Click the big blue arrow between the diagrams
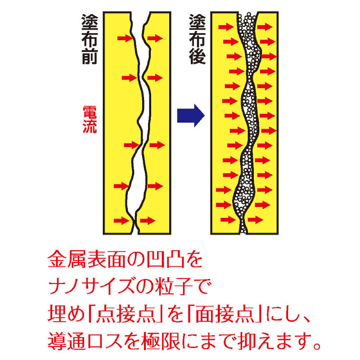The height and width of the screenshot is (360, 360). pos(190,115)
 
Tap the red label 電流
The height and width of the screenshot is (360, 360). pos(90,119)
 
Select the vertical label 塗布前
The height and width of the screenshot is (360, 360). pos(90,39)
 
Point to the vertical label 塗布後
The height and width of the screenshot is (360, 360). pos(197,39)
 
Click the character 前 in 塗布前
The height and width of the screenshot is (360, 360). pos(90,56)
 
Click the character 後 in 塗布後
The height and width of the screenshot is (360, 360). pos(197,56)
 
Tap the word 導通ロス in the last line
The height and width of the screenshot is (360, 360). pos(85,341)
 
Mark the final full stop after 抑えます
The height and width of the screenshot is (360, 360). pos(317,346)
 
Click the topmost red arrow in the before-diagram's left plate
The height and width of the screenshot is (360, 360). pos(125,38)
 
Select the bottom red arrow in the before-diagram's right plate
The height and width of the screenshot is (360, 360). pos(148,220)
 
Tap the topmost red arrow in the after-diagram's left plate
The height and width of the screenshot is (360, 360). pos(226,27)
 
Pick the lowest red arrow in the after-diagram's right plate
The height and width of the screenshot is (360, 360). pos(255,220)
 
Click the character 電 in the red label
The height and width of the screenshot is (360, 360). pos(90,112)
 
